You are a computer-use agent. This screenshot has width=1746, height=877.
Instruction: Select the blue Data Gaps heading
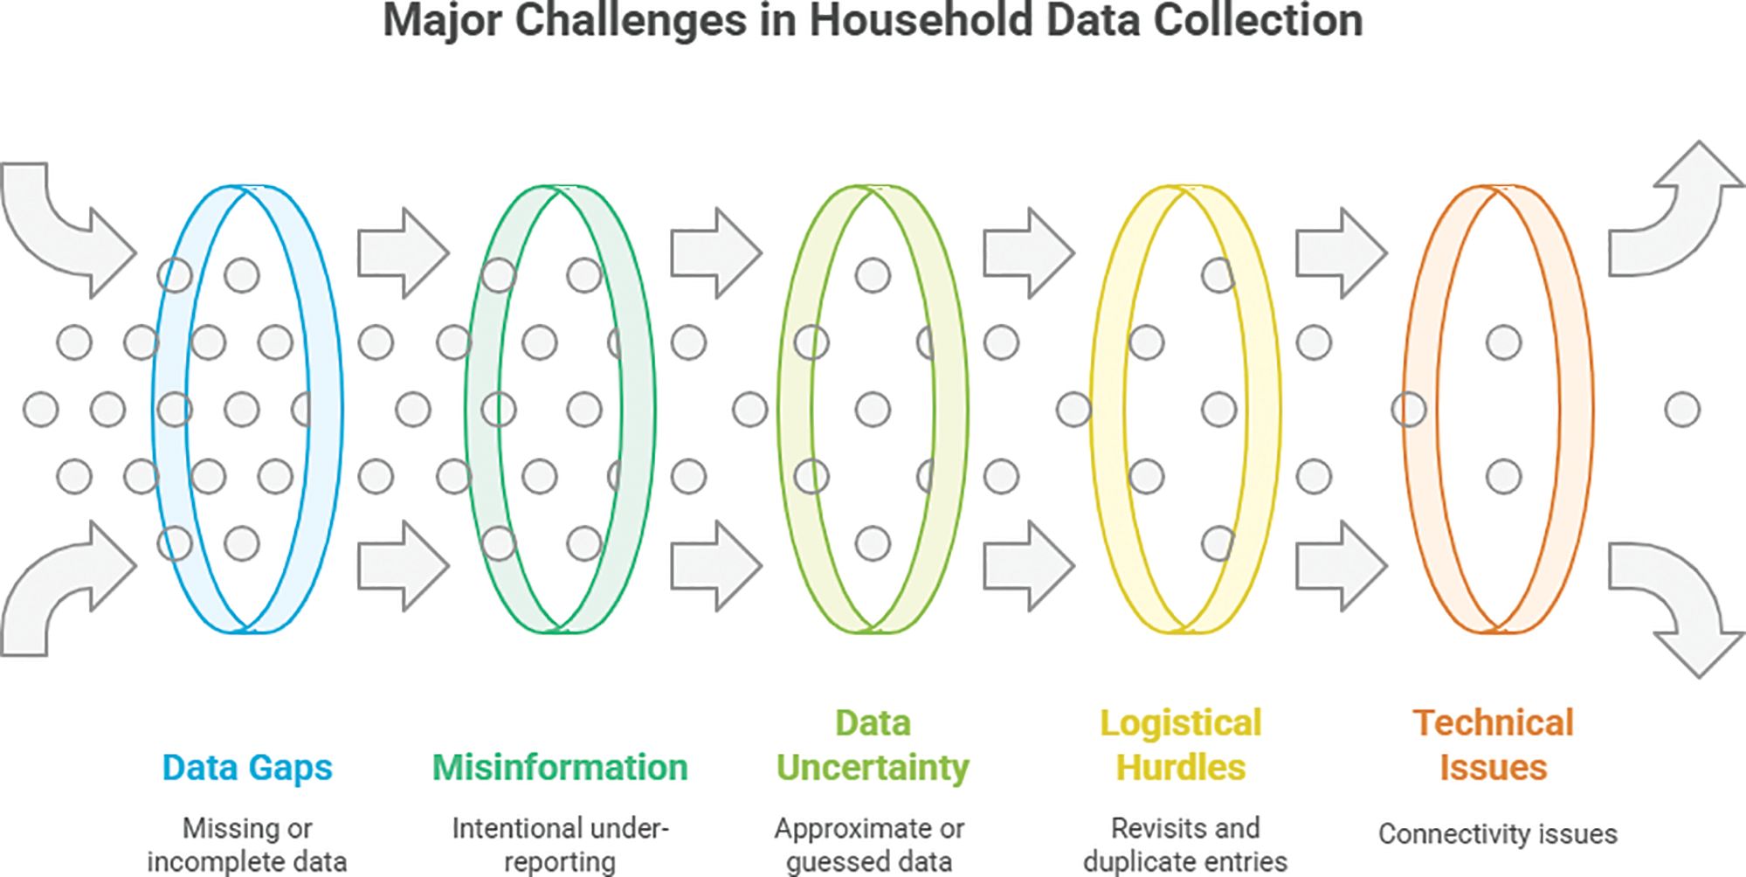pos(247,767)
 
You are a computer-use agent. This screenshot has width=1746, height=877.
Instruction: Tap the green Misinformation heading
pos(560,767)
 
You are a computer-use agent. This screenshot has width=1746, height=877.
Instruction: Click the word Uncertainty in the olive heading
pos(873,767)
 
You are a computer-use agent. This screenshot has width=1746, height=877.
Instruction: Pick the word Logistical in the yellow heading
pos(1181,722)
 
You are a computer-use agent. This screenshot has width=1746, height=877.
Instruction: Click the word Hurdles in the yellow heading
pos(1181,767)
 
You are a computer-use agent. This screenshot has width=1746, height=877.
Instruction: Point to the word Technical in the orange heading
pos(1494,722)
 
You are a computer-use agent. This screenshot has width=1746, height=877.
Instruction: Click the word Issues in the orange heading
pos(1494,767)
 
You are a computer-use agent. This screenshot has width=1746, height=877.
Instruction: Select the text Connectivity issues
pos(1498,833)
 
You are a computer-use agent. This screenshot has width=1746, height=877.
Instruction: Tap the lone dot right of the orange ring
pos(1682,410)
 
